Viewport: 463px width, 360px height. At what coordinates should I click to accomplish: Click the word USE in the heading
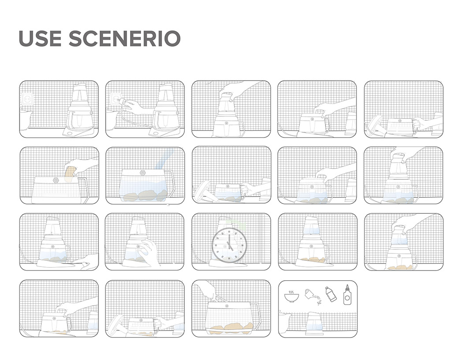point(40,38)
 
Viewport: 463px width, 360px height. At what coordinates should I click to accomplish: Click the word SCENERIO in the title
point(125,38)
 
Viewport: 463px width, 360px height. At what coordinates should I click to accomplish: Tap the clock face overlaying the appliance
point(229,245)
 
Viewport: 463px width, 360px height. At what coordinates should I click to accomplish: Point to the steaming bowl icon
point(291,296)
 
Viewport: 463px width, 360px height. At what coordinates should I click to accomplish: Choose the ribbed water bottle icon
point(331,294)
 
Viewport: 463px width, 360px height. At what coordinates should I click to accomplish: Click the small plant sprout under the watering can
point(319,302)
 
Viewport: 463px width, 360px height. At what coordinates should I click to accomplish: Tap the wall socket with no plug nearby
point(27,100)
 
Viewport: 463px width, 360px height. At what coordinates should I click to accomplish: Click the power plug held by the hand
point(121,101)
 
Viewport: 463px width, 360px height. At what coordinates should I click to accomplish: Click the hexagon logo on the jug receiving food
point(56,180)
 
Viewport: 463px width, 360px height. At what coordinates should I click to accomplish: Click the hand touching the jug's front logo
point(148,251)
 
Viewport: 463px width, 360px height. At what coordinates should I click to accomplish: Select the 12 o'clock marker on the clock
point(229,231)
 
